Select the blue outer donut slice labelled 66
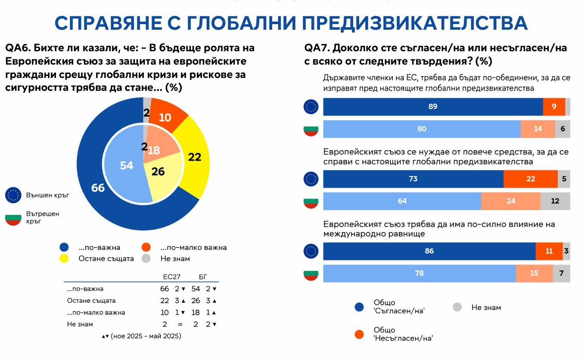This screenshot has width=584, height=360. (98, 188)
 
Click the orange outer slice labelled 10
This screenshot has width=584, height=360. (165, 117)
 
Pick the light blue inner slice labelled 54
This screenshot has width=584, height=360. (126, 165)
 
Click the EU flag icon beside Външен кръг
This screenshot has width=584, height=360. (13, 195)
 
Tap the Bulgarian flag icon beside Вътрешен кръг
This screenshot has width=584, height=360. (13, 218)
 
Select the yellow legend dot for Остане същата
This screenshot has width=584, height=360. (64, 259)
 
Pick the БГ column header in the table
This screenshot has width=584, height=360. (202, 277)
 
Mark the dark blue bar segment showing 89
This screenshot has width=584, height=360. (432, 107)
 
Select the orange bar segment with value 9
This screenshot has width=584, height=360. (553, 107)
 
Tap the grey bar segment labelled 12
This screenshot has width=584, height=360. (555, 201)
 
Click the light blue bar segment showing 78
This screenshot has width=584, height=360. (419, 273)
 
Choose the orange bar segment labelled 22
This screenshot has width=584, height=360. (530, 179)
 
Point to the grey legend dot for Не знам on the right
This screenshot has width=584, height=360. (457, 307)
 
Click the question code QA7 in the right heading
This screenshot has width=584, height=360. (317, 47)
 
